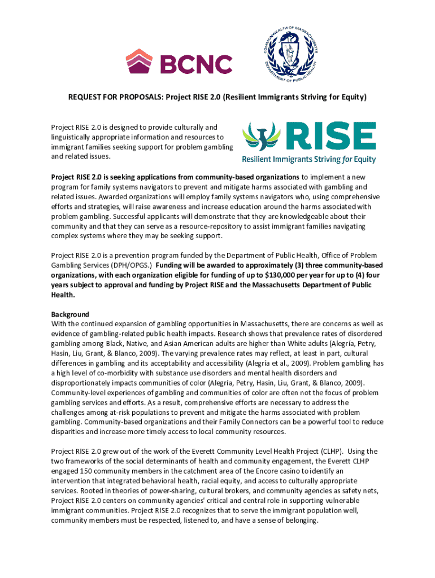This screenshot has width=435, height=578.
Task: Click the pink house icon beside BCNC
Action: click(x=140, y=61)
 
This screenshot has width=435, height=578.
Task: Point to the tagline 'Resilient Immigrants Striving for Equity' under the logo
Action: click(x=308, y=159)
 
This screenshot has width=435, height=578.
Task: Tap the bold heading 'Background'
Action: click(x=70, y=314)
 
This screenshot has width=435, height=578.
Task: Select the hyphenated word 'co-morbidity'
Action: click(x=126, y=373)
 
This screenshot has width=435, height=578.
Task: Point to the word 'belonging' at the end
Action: click(x=300, y=520)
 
